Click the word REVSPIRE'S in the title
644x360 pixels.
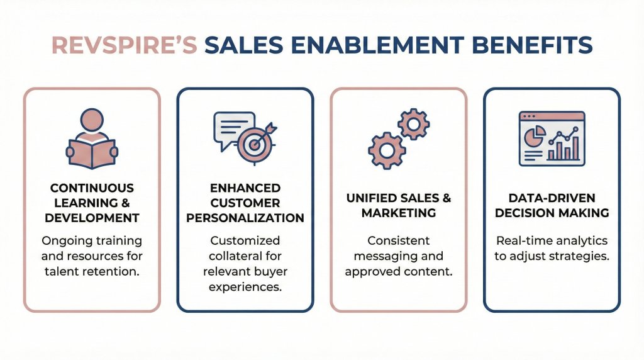pyautogui.click(x=125, y=45)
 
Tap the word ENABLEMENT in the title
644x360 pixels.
pyautogui.click(x=377, y=45)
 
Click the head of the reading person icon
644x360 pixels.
pyautogui.click(x=92, y=120)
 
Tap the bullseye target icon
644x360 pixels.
pyautogui.click(x=255, y=144)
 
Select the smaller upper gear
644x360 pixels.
pyautogui.click(x=414, y=124)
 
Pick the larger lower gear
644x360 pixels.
pyautogui.click(x=387, y=150)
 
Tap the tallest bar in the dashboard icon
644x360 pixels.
pyautogui.click(x=576, y=148)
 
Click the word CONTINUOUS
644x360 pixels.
pyautogui.click(x=92, y=188)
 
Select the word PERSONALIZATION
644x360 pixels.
pyautogui.click(x=245, y=218)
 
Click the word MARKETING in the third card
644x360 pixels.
pyautogui.click(x=398, y=213)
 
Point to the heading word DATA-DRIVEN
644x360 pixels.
pyautogui.click(x=552, y=198)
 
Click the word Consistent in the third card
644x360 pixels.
pyautogui.click(x=398, y=240)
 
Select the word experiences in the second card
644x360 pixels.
pyautogui.click(x=245, y=287)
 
